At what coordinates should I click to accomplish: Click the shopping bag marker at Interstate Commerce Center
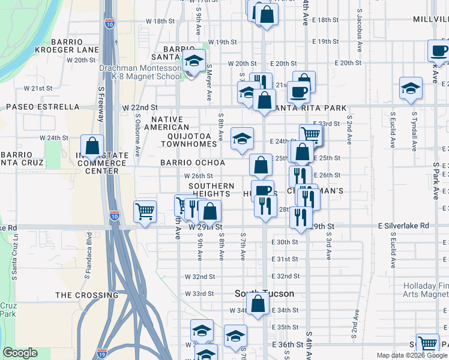92,146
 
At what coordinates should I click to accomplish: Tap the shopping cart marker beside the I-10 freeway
145,211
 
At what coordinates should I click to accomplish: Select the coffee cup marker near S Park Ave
438,51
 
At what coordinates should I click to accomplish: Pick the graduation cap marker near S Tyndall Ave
411,88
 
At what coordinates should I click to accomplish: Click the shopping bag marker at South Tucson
258,304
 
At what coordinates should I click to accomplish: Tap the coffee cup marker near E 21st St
298,92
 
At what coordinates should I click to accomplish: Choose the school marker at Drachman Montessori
193,61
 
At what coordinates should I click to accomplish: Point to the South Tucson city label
264,293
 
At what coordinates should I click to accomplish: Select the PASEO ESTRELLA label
43,107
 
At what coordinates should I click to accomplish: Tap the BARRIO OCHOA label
192,163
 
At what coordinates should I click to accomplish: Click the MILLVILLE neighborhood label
430,20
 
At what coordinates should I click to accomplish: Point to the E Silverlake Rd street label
403,225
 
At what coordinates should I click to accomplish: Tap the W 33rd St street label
200,293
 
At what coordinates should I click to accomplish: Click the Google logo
20,353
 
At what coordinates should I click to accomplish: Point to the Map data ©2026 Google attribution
411,355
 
